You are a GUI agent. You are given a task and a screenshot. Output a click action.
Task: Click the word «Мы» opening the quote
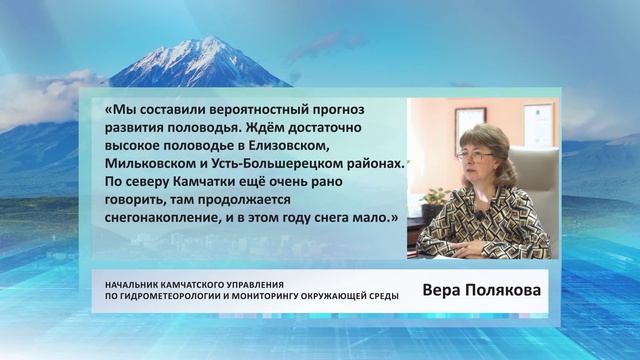point(116,112)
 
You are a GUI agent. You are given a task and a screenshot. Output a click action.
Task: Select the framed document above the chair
point(538,126)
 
